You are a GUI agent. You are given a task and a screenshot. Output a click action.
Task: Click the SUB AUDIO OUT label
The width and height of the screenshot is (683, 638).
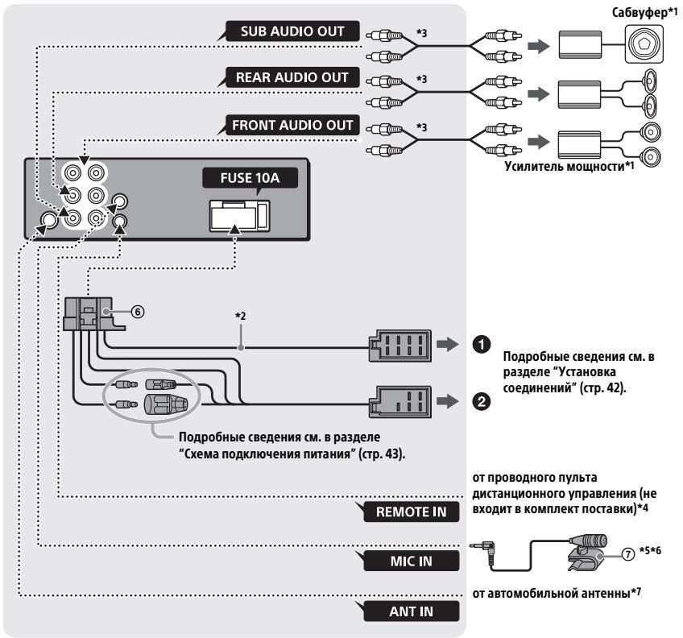[292, 31]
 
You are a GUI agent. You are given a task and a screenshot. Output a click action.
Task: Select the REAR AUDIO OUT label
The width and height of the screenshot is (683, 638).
[292, 77]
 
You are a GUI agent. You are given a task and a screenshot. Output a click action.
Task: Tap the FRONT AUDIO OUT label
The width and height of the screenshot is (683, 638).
[292, 125]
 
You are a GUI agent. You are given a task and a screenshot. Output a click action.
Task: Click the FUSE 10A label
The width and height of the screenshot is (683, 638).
[250, 178]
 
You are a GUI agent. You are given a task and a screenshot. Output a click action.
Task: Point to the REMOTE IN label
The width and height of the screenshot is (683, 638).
[412, 512]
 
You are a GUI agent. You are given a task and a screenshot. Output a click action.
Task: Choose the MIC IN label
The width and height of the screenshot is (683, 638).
[412, 561]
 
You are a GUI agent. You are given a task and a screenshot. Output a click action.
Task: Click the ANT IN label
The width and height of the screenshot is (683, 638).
[412, 611]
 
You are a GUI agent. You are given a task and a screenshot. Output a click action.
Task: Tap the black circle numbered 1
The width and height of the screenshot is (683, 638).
[482, 345]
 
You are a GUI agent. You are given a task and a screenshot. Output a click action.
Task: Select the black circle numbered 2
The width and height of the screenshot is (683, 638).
[482, 401]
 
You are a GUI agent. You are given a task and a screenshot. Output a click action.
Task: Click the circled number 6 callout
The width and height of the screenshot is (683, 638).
[138, 312]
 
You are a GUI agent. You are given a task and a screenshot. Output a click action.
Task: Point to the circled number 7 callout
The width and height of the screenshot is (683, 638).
[627, 554]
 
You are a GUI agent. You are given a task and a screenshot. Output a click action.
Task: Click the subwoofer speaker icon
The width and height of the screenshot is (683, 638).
[644, 44]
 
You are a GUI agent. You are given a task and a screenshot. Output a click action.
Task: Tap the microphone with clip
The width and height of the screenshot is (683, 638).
[586, 553]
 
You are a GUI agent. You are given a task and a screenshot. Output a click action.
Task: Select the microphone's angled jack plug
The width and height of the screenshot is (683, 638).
[485, 550]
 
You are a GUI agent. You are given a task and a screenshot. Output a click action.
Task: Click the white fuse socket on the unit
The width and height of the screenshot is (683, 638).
[239, 216]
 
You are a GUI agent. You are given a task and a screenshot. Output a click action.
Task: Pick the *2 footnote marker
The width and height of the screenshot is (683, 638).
[241, 316]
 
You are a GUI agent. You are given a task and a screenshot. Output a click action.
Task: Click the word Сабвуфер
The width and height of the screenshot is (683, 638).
[639, 13]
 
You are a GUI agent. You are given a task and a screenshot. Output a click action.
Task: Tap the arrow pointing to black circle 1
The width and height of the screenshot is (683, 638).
[447, 344]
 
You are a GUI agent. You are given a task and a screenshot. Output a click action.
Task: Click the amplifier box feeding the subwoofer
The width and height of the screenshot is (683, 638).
[580, 44]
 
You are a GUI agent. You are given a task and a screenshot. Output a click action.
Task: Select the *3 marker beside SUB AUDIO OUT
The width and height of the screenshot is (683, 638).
[421, 33]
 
